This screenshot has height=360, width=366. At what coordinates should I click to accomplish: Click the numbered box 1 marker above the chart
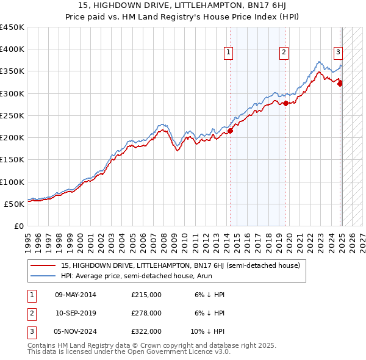(228, 53)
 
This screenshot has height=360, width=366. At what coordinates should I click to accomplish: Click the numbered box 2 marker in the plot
(284, 53)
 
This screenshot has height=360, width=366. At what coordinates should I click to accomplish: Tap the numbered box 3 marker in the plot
(338, 52)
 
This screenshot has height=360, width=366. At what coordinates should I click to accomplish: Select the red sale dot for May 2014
(231, 130)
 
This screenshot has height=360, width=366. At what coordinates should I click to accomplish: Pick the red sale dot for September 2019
(285, 103)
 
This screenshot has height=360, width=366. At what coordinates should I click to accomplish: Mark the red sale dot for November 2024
(340, 84)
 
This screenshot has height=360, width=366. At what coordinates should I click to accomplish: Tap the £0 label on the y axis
(18, 226)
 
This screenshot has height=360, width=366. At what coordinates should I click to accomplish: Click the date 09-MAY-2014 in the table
(76, 295)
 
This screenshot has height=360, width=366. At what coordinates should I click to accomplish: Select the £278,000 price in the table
(146, 313)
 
